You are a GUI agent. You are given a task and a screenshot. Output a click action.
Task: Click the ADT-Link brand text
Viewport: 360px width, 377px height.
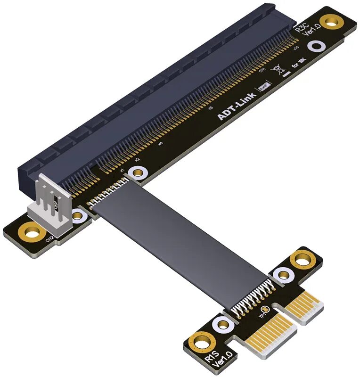coord(236,104)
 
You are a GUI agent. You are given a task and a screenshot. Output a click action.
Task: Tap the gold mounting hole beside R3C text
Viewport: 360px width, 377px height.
coord(333,20)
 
